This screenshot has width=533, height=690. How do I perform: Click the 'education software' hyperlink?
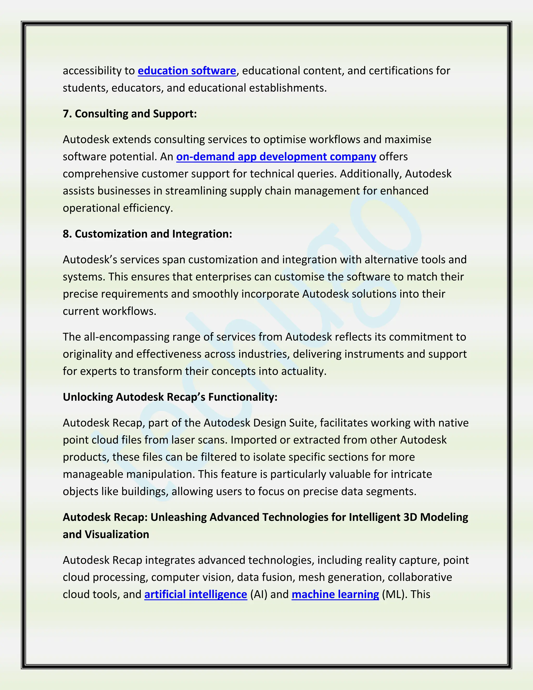pyautogui.click(x=187, y=71)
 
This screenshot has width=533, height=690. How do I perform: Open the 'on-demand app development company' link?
pyautogui.click(x=276, y=156)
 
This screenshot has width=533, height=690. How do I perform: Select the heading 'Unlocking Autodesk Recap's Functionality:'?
pyautogui.click(x=170, y=397)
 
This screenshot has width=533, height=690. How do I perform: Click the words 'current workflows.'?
pyautogui.click(x=110, y=311)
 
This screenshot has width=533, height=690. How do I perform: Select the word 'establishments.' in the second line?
pyautogui.click(x=288, y=88)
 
